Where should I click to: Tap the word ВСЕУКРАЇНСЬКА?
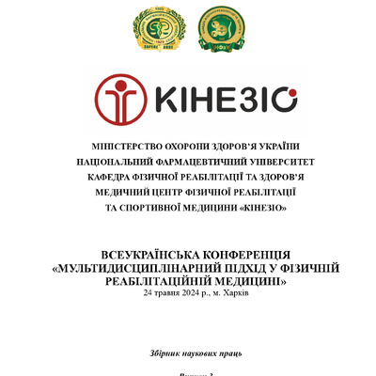pyautogui.click(x=146, y=256)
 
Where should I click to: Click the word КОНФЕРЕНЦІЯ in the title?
pyautogui.click(x=243, y=256)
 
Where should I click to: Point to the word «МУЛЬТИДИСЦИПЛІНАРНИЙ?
pyautogui.click(x=140, y=269)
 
